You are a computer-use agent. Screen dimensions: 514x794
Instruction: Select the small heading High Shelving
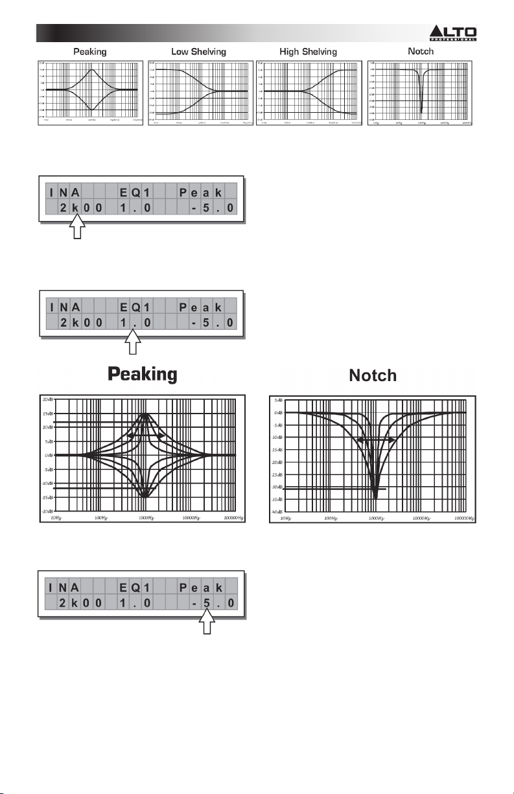[308, 51]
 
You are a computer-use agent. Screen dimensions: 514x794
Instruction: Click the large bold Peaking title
[143, 375]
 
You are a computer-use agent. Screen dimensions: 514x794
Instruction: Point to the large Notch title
[373, 375]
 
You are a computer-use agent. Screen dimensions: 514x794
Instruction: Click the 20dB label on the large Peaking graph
[48, 399]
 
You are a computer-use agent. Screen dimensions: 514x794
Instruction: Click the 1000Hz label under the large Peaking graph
[146, 518]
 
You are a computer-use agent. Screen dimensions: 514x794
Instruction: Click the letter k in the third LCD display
[76, 604]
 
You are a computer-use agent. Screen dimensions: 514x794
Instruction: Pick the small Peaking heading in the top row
[89, 51]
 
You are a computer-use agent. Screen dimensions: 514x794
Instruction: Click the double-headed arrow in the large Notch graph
[377, 439]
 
